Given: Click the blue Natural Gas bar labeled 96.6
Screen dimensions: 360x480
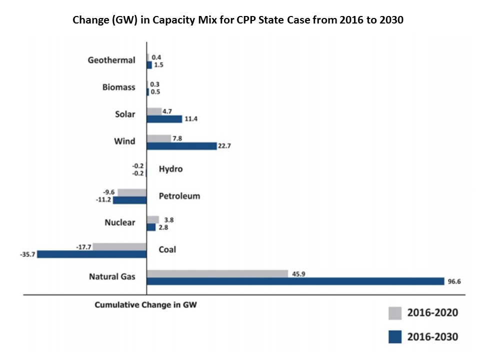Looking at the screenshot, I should (x=295, y=281).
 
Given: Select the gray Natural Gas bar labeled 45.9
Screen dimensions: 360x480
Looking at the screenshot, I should (x=217, y=273).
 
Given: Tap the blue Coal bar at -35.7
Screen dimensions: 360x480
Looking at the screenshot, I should (x=91, y=254).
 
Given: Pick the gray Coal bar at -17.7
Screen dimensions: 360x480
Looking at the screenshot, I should (x=119, y=246).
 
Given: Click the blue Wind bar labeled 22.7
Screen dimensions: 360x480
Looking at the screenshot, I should (x=181, y=146).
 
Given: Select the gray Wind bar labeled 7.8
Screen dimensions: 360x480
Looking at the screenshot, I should (x=158, y=138).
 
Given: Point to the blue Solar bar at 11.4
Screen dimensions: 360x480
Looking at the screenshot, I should (x=164, y=119).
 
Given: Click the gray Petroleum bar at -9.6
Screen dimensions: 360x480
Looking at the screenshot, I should (x=132, y=192).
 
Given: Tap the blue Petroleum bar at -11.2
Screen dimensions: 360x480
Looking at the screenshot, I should (x=129, y=200).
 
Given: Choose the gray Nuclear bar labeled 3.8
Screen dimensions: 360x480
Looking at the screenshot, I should (x=152, y=219).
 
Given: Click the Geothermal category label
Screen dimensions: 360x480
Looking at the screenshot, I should (x=111, y=60).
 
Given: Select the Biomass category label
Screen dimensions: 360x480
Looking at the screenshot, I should (x=118, y=87).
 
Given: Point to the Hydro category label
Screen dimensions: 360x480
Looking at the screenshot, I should (x=170, y=169).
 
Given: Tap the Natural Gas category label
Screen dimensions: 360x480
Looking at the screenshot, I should (x=112, y=276).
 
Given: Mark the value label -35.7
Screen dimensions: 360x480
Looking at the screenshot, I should (x=27, y=254).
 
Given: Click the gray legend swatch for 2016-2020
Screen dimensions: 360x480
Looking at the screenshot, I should (x=395, y=313).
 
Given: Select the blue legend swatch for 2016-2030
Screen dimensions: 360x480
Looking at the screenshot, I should (x=395, y=336).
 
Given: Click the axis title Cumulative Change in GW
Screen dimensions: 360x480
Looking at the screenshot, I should (x=145, y=305).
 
